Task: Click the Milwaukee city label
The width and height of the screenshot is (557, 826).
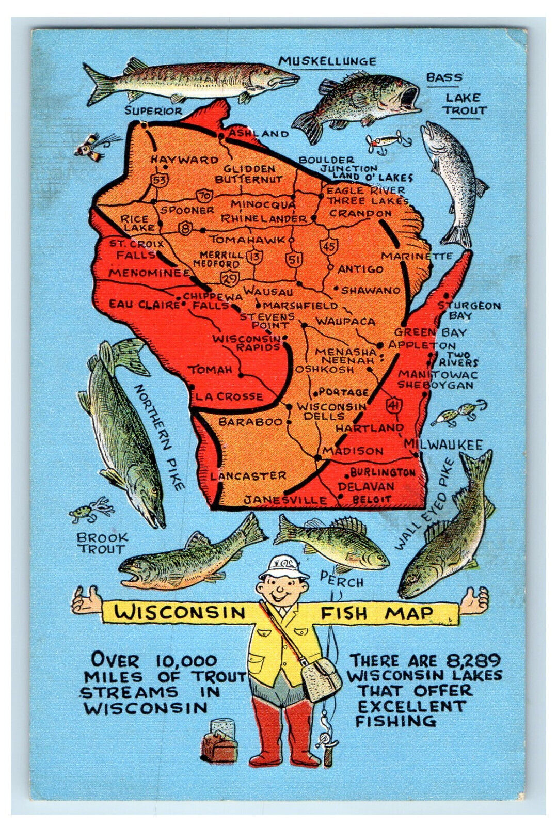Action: point(443,444)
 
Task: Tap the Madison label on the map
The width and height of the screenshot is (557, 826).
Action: point(354,451)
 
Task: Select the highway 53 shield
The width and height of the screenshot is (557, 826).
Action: point(159,180)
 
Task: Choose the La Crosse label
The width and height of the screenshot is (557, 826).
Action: point(229,397)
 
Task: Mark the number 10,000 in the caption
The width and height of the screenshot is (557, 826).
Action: point(186,661)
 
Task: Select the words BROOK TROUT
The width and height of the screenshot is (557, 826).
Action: point(102,543)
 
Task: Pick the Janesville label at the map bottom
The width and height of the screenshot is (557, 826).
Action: point(285,500)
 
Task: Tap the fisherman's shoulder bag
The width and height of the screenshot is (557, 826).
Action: point(322,678)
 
